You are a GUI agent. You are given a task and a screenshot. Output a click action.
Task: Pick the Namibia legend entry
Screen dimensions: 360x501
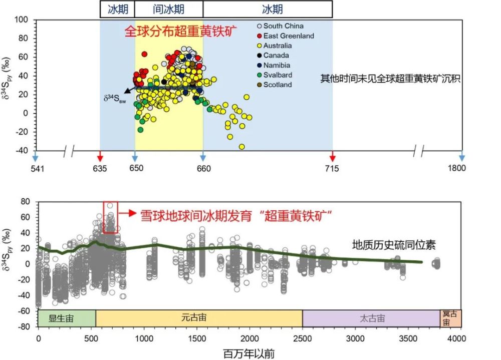point(280,66)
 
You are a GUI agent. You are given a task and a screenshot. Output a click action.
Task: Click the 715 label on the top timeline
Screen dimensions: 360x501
point(332,168)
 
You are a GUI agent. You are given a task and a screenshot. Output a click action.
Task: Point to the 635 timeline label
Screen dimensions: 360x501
point(100,168)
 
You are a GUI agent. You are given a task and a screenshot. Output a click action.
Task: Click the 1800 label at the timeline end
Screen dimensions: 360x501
point(456,168)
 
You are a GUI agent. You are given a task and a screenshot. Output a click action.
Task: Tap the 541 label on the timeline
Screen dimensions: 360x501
point(37,168)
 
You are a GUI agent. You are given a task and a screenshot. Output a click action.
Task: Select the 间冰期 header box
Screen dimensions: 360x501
point(169,9)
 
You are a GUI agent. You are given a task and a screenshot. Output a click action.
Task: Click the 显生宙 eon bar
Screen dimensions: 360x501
point(67,318)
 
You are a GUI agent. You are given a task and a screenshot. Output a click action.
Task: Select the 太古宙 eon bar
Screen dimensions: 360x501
point(371,318)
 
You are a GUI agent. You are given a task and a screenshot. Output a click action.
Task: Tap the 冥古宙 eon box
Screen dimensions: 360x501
point(450,318)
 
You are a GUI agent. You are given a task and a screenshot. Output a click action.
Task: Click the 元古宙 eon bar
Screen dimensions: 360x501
point(198,318)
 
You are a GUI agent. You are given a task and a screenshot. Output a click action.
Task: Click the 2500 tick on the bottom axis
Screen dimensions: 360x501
point(303,338)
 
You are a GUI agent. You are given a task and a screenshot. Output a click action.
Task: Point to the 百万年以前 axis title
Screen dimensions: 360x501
point(248,353)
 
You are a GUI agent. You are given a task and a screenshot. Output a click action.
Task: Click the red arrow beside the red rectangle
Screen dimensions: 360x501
point(128,213)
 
